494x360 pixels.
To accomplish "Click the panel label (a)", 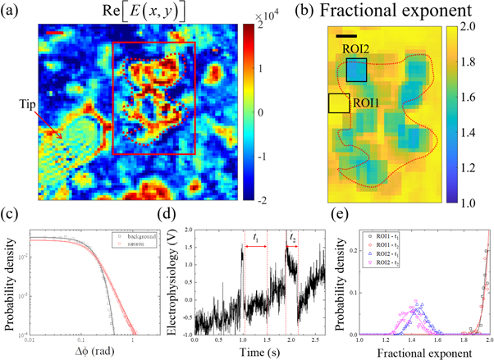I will click(x=11, y=10).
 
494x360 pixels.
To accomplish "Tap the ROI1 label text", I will click(x=365, y=104).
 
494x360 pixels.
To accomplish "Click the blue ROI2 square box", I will click(x=356, y=71).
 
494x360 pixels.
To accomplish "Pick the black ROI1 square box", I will click(x=338, y=103).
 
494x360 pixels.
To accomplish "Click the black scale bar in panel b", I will click(x=346, y=35).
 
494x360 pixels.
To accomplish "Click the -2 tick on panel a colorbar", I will click(x=260, y=199).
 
